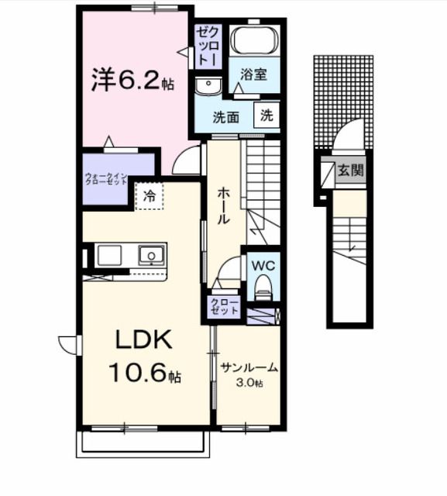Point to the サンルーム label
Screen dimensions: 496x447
(x=249, y=367)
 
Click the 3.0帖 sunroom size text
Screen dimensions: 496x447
(x=249, y=383)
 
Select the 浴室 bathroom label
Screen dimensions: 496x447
(x=253, y=75)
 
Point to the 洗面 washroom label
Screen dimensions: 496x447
(x=227, y=118)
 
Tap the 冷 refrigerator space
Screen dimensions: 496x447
(x=150, y=197)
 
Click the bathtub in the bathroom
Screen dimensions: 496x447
(x=255, y=42)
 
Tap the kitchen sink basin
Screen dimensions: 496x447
(x=150, y=255)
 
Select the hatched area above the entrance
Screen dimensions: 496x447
(x=343, y=93)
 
